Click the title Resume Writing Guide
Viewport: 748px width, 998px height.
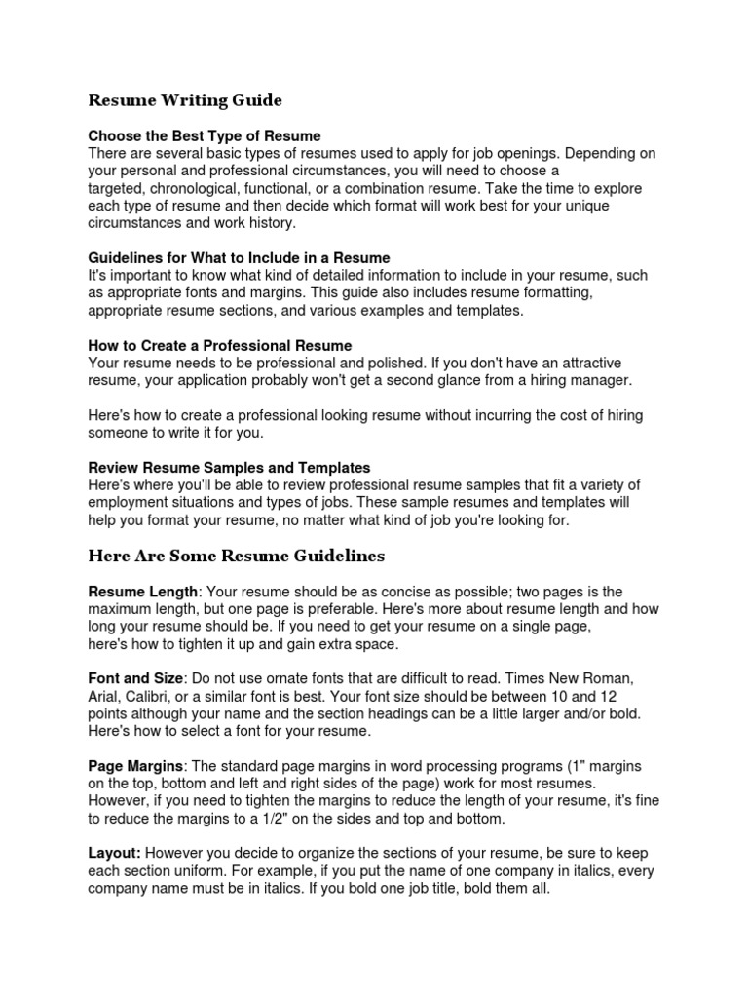pyautogui.click(x=185, y=100)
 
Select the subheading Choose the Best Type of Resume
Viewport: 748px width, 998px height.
pyautogui.click(x=205, y=135)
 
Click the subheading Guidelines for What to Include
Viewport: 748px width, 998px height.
pyautogui.click(x=239, y=258)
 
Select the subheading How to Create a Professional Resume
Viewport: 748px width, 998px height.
pyautogui.click(x=220, y=346)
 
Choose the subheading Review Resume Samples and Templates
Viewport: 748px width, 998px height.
pyautogui.click(x=229, y=468)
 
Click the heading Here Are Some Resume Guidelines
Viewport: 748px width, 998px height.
pyautogui.click(x=237, y=557)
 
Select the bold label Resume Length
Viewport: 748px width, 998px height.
pyautogui.click(x=143, y=592)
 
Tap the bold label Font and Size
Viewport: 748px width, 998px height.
pyautogui.click(x=136, y=678)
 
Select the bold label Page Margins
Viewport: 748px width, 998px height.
pyautogui.click(x=135, y=766)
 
